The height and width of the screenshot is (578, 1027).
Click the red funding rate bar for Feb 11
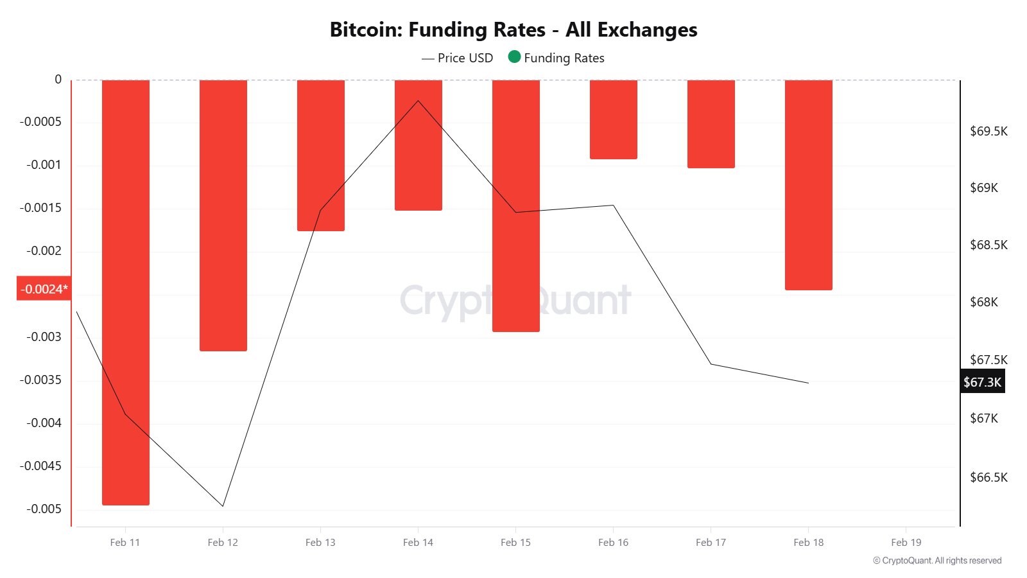(x=126, y=292)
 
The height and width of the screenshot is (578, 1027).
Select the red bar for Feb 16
(x=614, y=119)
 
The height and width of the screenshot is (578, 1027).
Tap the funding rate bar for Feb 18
(x=809, y=185)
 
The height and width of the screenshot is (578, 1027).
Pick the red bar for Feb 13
(x=321, y=155)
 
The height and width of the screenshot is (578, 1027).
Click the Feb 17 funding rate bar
(x=711, y=124)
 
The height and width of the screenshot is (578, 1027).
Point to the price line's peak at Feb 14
(x=419, y=101)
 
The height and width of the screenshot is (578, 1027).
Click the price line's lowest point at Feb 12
(x=223, y=506)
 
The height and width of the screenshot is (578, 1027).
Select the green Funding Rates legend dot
(x=514, y=57)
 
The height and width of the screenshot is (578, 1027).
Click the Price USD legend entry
(x=458, y=58)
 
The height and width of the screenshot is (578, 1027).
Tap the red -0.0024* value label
(x=43, y=289)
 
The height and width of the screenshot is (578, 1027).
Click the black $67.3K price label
(x=982, y=382)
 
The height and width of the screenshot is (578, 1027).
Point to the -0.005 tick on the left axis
(x=44, y=509)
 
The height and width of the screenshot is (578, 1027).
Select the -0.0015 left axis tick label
(x=40, y=208)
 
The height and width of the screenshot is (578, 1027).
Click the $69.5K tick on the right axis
(x=988, y=132)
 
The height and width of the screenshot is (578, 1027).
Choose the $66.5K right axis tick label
(x=988, y=477)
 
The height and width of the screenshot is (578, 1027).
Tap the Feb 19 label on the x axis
(x=906, y=543)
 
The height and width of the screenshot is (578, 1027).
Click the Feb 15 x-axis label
(x=516, y=543)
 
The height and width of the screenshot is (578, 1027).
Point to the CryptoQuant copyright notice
(x=937, y=561)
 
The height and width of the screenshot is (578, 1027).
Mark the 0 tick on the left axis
(x=58, y=80)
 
